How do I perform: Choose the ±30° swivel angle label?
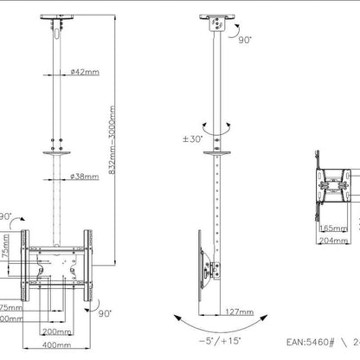190,141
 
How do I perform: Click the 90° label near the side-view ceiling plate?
244,40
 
